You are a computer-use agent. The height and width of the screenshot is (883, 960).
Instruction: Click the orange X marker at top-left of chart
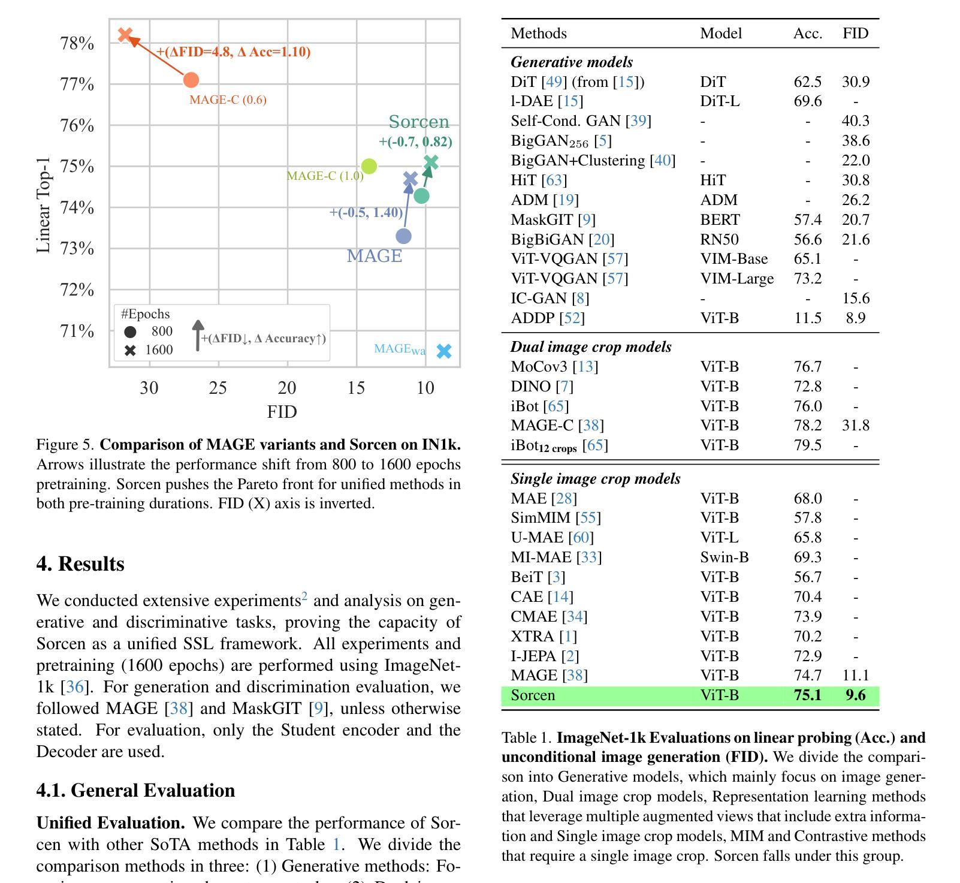pos(125,35)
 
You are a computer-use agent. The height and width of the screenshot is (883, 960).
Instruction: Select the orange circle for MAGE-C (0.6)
pos(191,80)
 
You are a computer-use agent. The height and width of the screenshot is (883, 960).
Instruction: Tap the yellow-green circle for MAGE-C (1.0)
pos(369,166)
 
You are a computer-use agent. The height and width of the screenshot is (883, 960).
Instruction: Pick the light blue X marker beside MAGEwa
pos(444,351)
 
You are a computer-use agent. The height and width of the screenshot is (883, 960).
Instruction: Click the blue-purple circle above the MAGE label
pos(404,236)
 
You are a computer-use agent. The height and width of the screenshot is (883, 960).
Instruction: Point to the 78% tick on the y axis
pos(77,43)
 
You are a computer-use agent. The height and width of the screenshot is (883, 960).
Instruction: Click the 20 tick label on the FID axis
pos(287,388)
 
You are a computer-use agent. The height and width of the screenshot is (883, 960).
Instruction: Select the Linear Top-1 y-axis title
pos(43,205)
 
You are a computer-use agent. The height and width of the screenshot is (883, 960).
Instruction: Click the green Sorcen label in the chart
pos(419,122)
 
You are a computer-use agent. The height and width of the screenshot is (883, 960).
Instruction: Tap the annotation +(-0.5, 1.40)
pos(366,212)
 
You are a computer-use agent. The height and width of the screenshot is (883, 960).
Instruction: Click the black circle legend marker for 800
pos(130,331)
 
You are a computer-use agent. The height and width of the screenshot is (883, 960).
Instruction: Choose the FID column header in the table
pos(855,33)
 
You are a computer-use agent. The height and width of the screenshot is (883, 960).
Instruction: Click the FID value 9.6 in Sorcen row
pos(856,695)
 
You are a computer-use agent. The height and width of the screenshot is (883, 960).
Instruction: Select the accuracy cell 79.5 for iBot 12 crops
pos(808,445)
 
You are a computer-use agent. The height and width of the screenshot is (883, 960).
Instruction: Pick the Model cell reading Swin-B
pos(724,557)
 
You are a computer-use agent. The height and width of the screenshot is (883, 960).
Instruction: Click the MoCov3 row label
pos(554,366)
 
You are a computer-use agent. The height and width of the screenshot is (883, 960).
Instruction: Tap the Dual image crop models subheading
pos(591,347)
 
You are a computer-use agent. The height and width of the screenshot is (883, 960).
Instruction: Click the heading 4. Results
pos(80,564)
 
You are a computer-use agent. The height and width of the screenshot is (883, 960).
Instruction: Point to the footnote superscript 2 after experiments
pos(304,596)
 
